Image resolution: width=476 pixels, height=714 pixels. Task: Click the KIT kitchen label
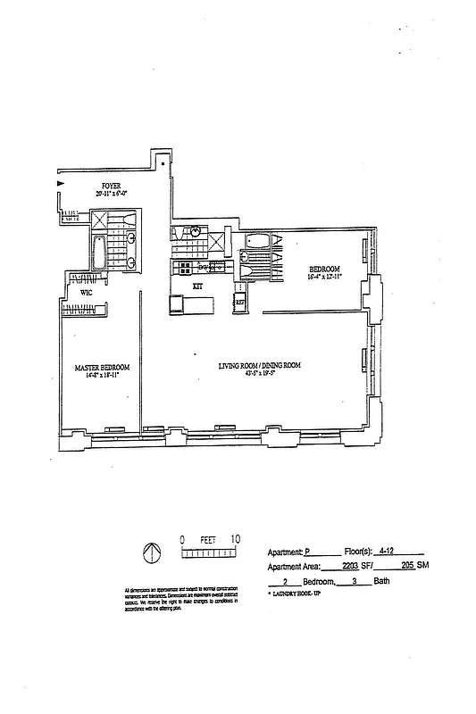point(198,286)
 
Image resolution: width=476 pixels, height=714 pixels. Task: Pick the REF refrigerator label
point(240,303)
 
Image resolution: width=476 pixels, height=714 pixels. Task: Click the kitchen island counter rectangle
point(192,306)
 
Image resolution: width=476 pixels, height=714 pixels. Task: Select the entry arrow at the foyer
point(60,183)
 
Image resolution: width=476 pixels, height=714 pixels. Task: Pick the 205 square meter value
point(408,566)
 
